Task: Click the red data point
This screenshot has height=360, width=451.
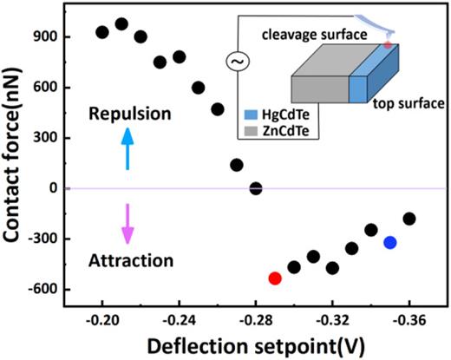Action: (x=275, y=278)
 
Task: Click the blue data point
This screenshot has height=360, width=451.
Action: (x=390, y=242)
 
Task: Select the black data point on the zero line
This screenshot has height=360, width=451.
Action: (x=255, y=188)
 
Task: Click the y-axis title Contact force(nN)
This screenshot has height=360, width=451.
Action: (x=15, y=165)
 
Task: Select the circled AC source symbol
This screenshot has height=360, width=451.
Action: (x=235, y=62)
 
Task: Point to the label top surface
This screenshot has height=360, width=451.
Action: (x=402, y=104)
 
